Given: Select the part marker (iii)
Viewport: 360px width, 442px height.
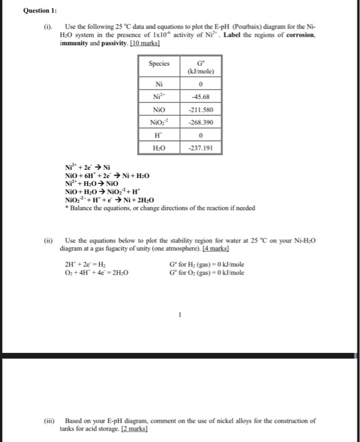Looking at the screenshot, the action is point(48,421).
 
